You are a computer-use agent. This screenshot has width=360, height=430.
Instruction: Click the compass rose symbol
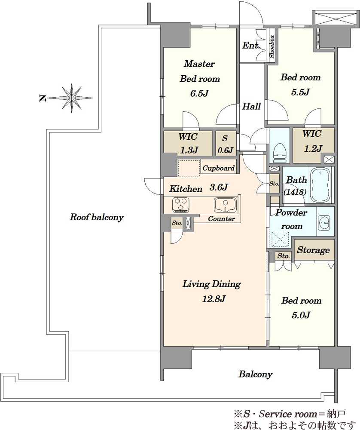(x=71, y=98)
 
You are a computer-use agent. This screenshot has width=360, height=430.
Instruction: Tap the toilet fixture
(x=280, y=150)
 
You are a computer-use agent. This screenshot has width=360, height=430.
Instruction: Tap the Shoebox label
(x=272, y=46)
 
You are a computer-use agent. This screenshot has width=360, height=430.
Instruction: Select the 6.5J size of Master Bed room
(x=199, y=93)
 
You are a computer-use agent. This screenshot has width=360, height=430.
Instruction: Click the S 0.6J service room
(x=225, y=144)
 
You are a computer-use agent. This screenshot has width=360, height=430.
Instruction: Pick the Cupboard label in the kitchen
(x=218, y=168)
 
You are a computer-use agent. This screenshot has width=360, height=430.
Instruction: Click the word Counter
(x=221, y=218)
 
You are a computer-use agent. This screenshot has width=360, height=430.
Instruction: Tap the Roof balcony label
(x=97, y=217)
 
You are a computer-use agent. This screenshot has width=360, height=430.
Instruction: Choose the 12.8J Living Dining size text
(x=214, y=298)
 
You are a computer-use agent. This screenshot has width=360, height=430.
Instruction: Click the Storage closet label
(x=314, y=250)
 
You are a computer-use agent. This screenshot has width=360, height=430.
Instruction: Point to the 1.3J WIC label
(x=189, y=150)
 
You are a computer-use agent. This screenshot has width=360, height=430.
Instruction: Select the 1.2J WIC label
(x=313, y=148)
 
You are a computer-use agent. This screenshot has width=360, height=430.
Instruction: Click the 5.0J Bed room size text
(x=301, y=315)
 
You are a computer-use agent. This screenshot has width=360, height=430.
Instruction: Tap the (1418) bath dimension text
(x=295, y=191)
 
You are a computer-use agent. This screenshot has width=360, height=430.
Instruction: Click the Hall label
(x=251, y=106)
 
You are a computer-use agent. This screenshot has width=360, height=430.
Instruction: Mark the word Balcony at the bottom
(x=255, y=374)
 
